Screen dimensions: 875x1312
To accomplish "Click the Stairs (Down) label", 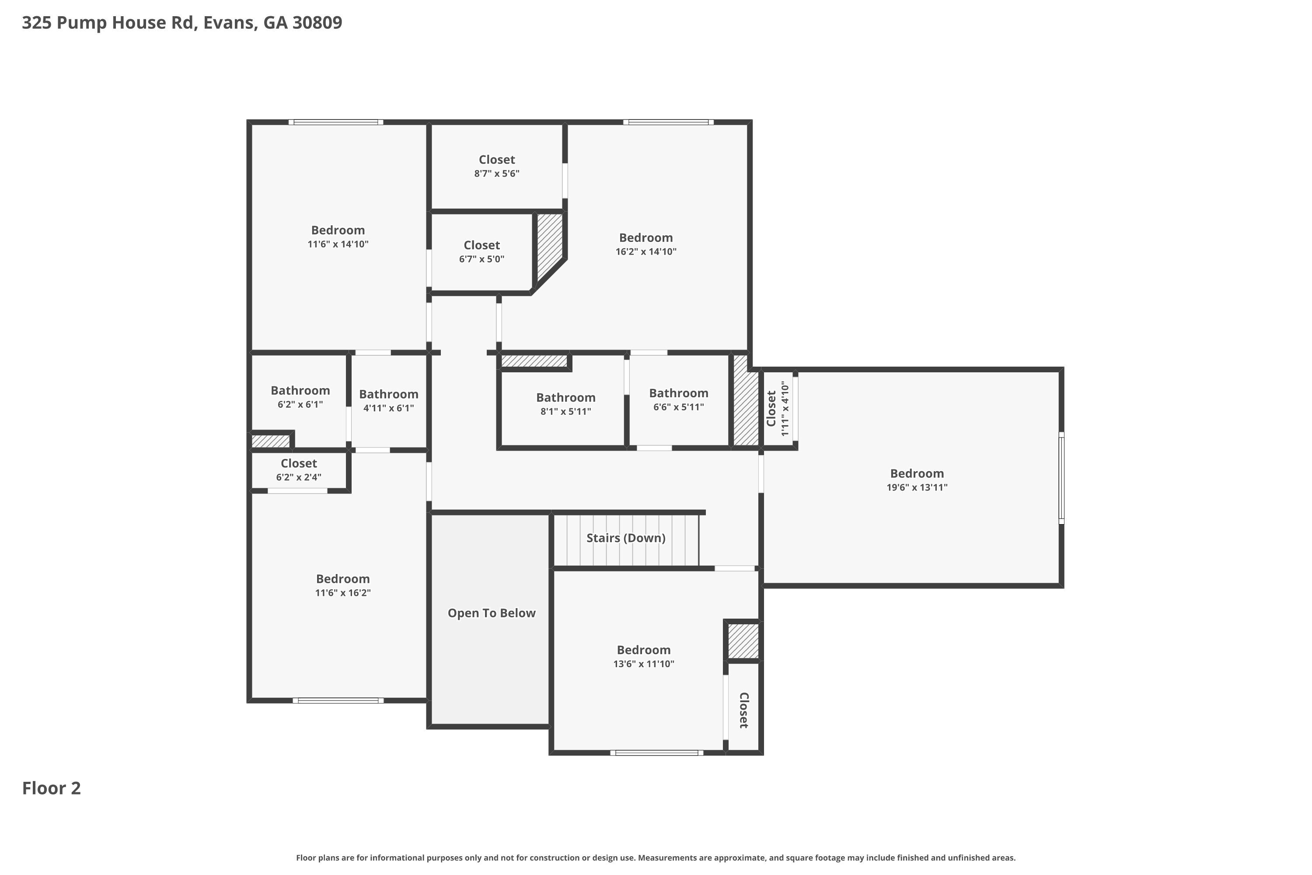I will pyautogui.click(x=625, y=538).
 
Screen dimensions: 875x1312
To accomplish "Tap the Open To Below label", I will pyautogui.click(x=492, y=613).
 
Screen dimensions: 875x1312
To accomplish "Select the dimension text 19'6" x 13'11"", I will pyautogui.click(x=917, y=487).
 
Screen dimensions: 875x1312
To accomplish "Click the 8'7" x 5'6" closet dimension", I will pyautogui.click(x=496, y=174).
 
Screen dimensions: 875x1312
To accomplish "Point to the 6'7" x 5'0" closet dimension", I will pyautogui.click(x=482, y=259).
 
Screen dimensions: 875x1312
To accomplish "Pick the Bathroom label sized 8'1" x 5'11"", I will pyautogui.click(x=565, y=397).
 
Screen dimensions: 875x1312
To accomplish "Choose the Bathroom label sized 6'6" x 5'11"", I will pyautogui.click(x=678, y=393).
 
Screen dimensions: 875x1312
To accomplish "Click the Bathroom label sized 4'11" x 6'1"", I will pyautogui.click(x=388, y=394).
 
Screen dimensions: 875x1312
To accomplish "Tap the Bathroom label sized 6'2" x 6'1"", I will pyautogui.click(x=300, y=390).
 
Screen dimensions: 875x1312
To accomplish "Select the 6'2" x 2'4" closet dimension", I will pyautogui.click(x=298, y=477).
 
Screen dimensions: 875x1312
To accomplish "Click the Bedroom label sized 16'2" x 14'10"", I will pyautogui.click(x=646, y=238).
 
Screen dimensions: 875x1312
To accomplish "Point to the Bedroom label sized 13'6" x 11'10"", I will pyautogui.click(x=643, y=650).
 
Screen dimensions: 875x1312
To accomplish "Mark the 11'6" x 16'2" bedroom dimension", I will pyautogui.click(x=342, y=593).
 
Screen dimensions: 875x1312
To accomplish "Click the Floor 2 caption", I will pyautogui.click(x=51, y=788).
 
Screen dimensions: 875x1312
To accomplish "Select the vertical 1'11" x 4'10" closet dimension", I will pyautogui.click(x=785, y=409).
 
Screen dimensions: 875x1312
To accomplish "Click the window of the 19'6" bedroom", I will pyautogui.click(x=1061, y=478).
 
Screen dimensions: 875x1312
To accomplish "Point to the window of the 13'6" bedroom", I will pyautogui.click(x=656, y=753).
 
